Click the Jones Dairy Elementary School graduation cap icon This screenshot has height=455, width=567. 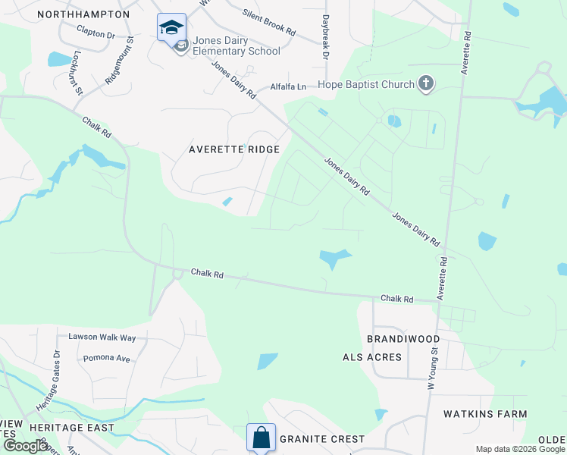(x=171, y=27)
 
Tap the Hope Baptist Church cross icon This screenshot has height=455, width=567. (x=426, y=83)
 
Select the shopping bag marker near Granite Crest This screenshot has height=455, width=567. (x=261, y=438)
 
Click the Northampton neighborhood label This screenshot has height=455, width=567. (x=83, y=14)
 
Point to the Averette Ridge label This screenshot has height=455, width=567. (x=234, y=150)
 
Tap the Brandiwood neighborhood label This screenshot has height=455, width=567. (x=403, y=338)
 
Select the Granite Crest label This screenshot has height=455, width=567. (x=322, y=439)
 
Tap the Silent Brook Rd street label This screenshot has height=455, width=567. (x=269, y=23)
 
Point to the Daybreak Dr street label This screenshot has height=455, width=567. (x=325, y=38)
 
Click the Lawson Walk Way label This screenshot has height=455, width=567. (x=102, y=337)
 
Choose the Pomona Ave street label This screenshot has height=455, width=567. (x=107, y=358)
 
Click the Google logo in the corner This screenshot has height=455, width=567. (x=26, y=446)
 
